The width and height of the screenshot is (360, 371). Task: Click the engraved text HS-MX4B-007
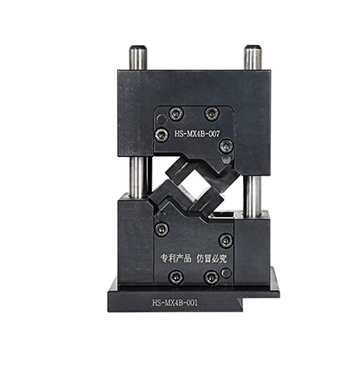pyautogui.click(x=197, y=134)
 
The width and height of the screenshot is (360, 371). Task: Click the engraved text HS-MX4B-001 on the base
pyautogui.click(x=175, y=302)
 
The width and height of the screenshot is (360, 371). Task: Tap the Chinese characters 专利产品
pyautogui.click(x=176, y=258)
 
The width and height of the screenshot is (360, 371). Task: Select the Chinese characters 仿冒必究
pyautogui.click(x=211, y=258)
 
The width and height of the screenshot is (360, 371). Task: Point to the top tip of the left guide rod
pyautogui.click(x=138, y=46)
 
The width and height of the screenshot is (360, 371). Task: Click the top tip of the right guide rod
pyautogui.click(x=252, y=46)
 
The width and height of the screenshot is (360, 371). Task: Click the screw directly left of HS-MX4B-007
pyautogui.click(x=162, y=135)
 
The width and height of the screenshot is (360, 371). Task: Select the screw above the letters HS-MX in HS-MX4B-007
pyautogui.click(x=176, y=114)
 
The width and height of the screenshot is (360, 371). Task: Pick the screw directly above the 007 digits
pyautogui.click(x=212, y=114)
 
